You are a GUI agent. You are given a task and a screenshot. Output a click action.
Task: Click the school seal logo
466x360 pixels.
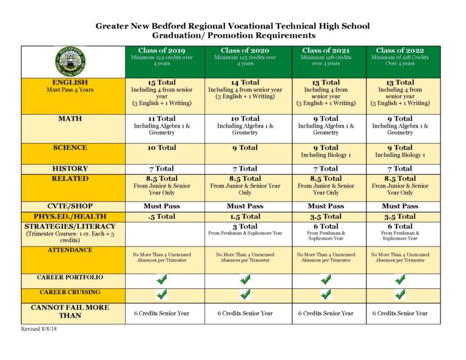click(x=70, y=61)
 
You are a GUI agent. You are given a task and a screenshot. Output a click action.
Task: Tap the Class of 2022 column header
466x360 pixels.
click(x=400, y=50)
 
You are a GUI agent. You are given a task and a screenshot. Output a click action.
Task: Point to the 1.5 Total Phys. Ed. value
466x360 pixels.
click(x=245, y=216)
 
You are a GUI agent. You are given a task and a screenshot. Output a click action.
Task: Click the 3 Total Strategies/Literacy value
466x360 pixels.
click(x=245, y=226)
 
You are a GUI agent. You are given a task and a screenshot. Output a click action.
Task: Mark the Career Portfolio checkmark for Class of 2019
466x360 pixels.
click(x=162, y=279)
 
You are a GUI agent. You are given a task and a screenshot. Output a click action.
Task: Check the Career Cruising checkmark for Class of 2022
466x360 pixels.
click(x=400, y=294)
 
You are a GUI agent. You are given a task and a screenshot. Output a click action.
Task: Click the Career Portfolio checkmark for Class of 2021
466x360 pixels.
click(x=326, y=279)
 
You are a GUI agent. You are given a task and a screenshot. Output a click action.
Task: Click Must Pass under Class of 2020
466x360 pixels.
click(x=245, y=206)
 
